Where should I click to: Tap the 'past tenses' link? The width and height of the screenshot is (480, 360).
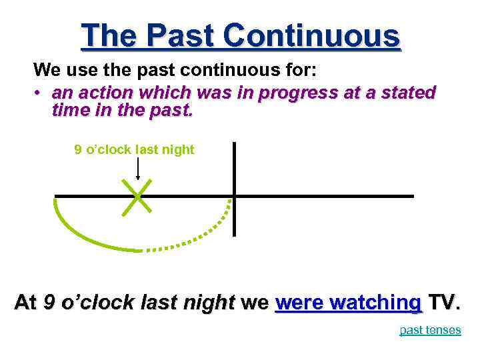(430, 330)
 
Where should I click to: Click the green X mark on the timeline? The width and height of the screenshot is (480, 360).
(137, 197)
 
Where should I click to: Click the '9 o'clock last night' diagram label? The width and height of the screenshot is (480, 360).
(134, 149)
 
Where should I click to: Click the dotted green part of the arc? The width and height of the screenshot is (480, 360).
(200, 237)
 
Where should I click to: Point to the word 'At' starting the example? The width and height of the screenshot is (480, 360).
(27, 303)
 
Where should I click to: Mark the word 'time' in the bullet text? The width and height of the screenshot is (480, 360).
(69, 109)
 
